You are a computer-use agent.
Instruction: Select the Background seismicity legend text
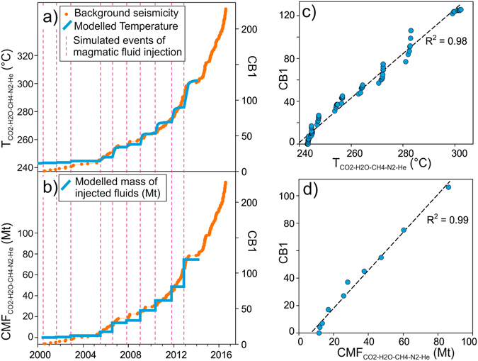click(x=121, y=13)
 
